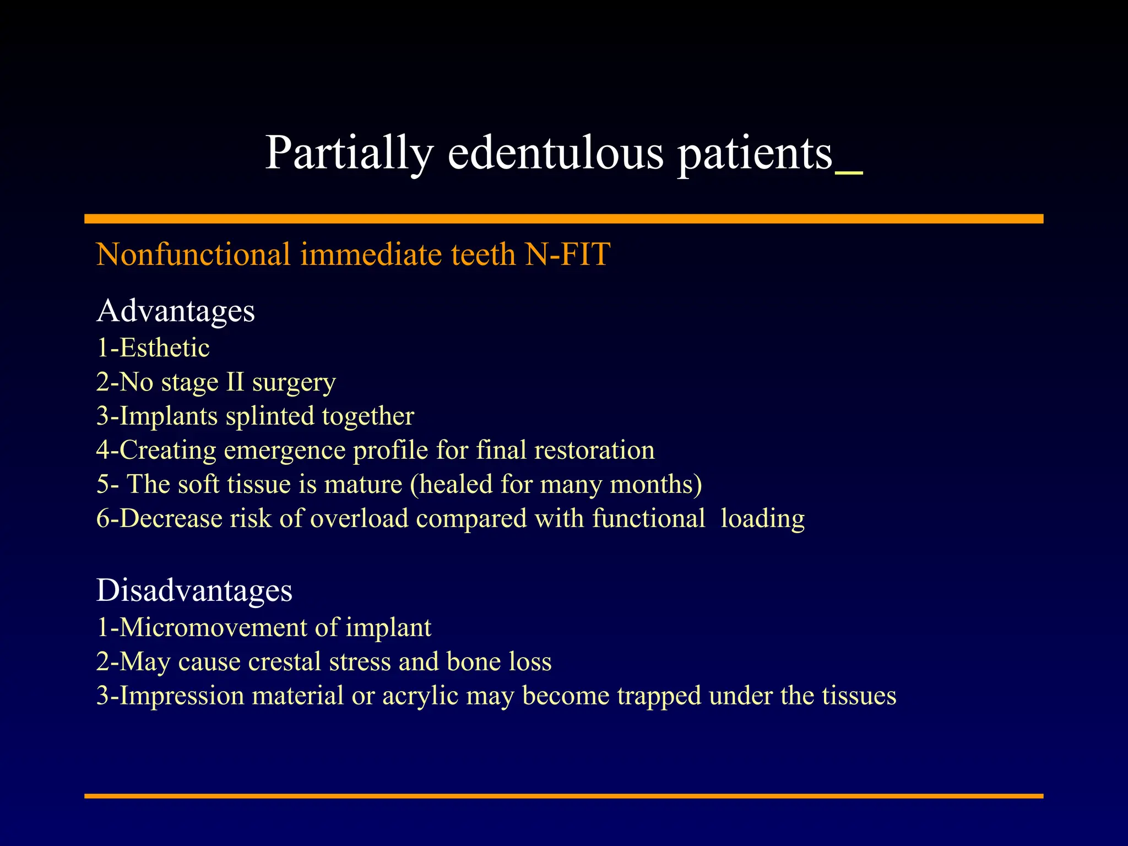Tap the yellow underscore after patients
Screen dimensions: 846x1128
tap(849, 173)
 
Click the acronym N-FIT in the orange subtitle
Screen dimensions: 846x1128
tap(567, 254)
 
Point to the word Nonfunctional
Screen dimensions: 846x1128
tap(193, 254)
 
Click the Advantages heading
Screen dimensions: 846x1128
tap(176, 311)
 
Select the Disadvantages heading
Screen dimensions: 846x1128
tap(194, 590)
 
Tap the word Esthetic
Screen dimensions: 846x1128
tap(164, 348)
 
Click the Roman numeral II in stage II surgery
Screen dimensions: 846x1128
tap(235, 382)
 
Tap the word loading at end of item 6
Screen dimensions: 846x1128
tap(762, 519)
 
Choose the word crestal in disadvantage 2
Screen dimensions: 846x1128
tap(284, 661)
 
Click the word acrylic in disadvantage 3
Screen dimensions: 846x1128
tap(420, 696)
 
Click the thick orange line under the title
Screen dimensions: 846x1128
tap(563, 219)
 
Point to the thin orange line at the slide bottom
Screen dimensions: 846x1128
tap(563, 796)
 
